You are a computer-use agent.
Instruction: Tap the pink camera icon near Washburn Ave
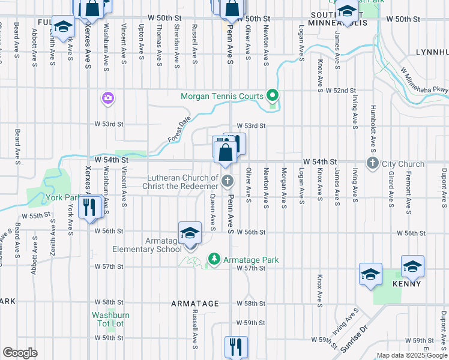[x=108, y=98]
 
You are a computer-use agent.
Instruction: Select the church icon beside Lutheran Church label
[x=228, y=181]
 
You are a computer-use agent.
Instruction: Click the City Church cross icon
[x=373, y=163]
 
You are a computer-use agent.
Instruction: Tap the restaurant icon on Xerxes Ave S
[x=89, y=207]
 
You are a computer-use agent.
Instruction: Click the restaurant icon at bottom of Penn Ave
[x=236, y=346]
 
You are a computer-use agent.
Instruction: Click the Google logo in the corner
[x=20, y=353]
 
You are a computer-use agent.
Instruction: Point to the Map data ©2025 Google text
[x=412, y=355]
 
